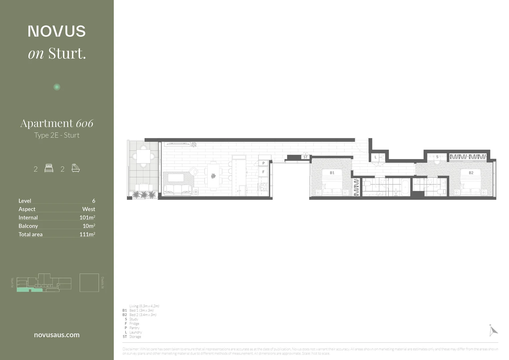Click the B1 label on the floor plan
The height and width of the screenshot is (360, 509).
tap(332, 173)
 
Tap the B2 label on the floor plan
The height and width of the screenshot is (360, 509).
tap(471, 173)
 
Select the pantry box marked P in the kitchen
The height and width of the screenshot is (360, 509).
tap(263, 163)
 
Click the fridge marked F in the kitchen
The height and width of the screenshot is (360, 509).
tap(263, 172)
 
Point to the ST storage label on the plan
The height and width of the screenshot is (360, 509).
tap(305, 157)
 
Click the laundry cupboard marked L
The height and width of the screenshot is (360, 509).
tap(375, 157)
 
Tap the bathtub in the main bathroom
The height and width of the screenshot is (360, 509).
tap(405, 187)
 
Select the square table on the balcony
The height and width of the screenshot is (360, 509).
tap(144, 156)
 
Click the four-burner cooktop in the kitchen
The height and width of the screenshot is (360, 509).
tap(263, 187)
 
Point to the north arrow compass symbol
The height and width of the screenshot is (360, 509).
tap(493, 330)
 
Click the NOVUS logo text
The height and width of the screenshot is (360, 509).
tap(57, 31)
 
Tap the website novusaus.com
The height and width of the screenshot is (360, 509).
tap(57, 335)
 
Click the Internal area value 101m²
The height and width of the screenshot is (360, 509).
tap(87, 217)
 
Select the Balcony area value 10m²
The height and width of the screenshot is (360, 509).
tap(89, 226)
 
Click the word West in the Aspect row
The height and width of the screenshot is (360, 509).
tap(88, 209)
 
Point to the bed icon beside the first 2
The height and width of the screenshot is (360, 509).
tap(49, 168)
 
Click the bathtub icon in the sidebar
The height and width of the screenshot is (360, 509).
tap(76, 168)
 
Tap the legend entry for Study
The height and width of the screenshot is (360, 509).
tap(133, 319)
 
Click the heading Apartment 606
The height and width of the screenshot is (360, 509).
tap(57, 123)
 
